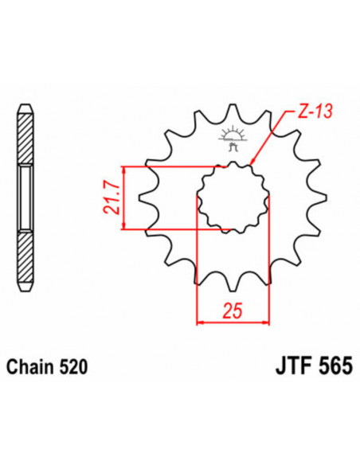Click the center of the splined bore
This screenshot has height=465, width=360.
coord(233,199)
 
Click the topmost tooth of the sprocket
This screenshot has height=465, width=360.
coord(233,110)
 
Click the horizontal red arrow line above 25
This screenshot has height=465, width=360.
coord(233,322)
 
